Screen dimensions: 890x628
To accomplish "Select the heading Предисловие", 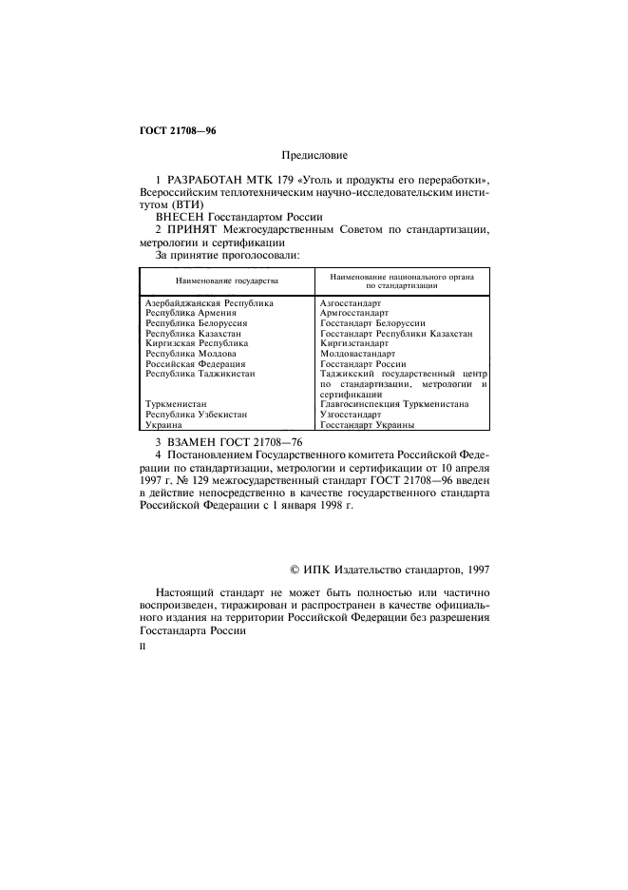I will pos(314,154).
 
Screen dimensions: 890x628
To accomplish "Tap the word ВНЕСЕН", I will pos(180,216).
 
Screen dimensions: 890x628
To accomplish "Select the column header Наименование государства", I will pos(226,281).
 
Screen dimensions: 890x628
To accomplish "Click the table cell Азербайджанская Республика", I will pos(208,303).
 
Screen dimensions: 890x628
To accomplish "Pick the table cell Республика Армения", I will pos(190,313).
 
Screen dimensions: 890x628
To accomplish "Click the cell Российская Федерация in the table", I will pos(195,364).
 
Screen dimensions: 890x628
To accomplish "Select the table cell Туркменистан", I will pos(176,403).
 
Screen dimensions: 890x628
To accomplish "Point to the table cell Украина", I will pos(163,426).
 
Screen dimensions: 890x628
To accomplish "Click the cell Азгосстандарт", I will pos(351,303).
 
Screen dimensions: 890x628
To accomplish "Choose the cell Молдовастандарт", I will pos(356,354).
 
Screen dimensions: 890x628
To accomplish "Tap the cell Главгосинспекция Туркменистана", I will pos(394,403).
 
